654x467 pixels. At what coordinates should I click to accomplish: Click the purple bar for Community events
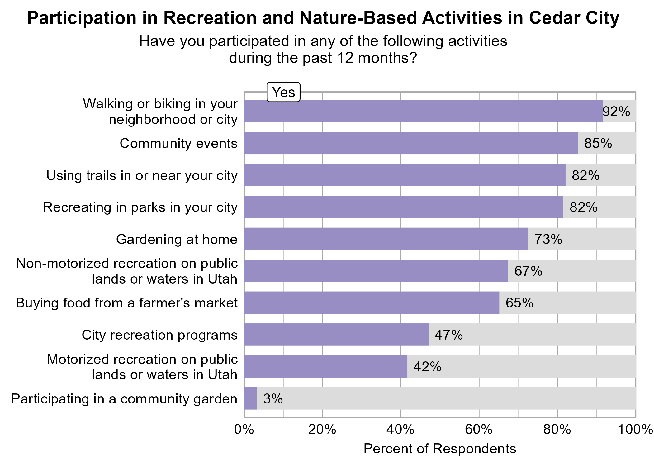coord(411,143)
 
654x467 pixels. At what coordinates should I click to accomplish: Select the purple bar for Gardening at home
coord(386,239)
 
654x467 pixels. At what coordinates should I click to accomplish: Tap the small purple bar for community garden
coord(250,398)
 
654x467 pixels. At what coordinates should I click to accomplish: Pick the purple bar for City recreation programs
coord(336,335)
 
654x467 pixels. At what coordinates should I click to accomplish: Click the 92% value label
coord(616,112)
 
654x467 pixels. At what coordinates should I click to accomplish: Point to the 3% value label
coord(273,399)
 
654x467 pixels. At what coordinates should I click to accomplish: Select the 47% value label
coord(448,335)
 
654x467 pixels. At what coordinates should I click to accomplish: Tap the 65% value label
coord(519,303)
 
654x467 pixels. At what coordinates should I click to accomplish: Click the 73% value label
coord(548,239)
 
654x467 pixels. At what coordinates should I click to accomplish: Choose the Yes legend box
coord(283,92)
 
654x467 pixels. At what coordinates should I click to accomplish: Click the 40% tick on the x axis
coord(400,430)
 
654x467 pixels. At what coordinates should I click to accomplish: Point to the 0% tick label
coord(244,430)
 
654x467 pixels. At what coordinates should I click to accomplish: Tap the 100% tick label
coord(635,430)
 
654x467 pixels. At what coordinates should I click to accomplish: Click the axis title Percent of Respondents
coord(439,449)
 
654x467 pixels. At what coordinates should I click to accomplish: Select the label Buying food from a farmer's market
coord(126,303)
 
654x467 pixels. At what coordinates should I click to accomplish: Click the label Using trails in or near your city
coord(142,175)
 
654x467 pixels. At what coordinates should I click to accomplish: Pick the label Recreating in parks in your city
coord(140,207)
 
